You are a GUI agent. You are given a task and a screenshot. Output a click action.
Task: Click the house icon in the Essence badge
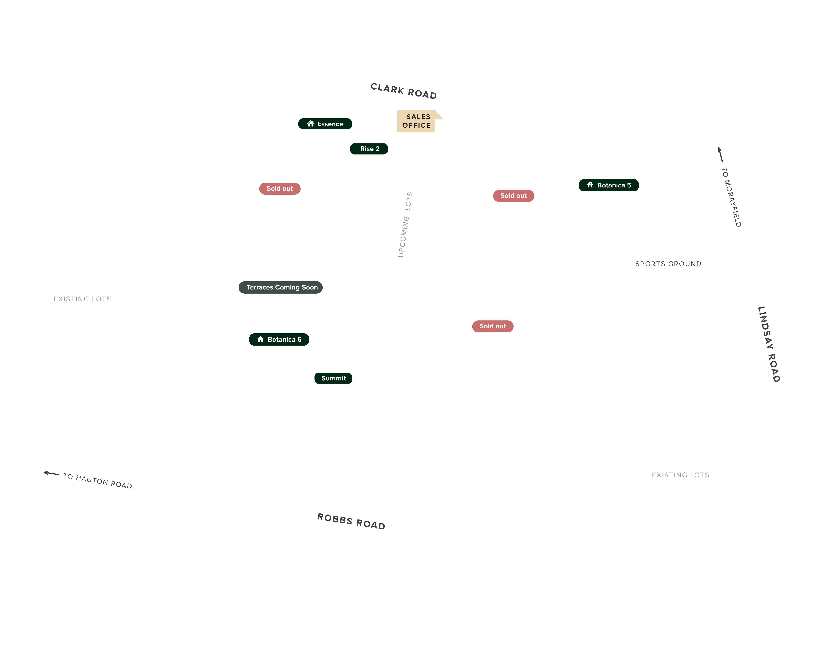311,124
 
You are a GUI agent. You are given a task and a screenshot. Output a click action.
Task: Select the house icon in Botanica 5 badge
590,185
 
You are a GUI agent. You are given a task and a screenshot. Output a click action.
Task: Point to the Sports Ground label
668,264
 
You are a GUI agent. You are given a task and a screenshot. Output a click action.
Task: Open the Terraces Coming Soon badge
281,287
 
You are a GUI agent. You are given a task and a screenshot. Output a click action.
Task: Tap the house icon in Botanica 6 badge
260,339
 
